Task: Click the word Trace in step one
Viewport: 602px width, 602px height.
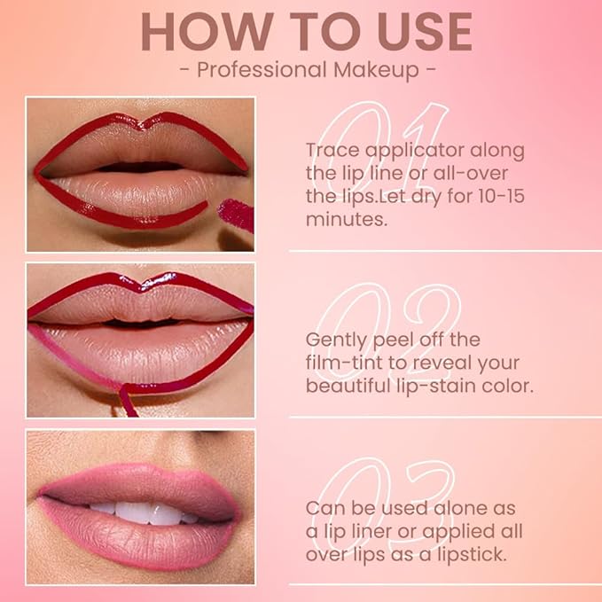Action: pos(332,150)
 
